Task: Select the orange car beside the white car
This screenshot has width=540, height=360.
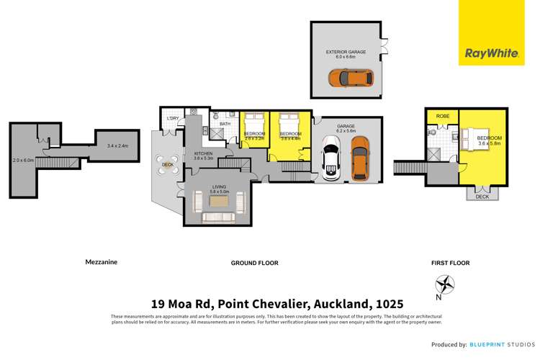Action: click(x=360, y=158)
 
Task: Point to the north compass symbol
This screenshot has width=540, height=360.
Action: click(x=446, y=287)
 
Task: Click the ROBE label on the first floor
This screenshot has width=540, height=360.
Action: click(x=443, y=115)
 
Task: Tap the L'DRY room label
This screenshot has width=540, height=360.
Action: click(x=173, y=118)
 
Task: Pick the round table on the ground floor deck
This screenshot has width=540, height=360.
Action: click(x=168, y=164)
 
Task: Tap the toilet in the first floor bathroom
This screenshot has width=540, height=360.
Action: click(x=433, y=132)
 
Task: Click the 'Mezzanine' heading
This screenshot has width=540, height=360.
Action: click(x=101, y=262)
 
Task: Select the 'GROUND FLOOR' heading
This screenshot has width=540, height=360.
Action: click(x=254, y=263)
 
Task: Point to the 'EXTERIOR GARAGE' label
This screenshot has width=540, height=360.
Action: click(x=347, y=53)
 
